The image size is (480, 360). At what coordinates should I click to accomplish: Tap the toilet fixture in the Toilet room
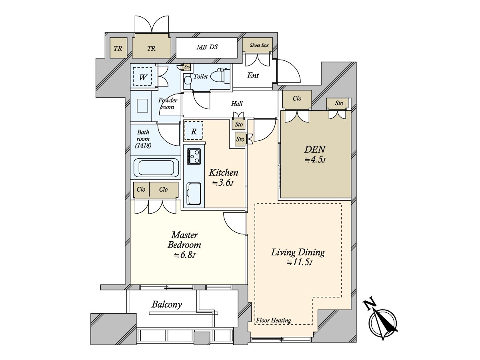[223, 76]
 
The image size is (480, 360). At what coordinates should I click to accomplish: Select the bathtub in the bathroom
[156, 168]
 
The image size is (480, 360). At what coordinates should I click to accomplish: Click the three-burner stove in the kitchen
[194, 156]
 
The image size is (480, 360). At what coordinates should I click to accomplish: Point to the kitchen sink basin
[194, 194]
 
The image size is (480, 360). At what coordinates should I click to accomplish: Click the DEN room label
[315, 150]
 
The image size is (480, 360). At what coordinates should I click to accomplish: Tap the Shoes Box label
[259, 45]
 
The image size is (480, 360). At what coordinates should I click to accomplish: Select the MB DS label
[207, 47]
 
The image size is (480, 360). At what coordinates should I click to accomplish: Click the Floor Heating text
[274, 321]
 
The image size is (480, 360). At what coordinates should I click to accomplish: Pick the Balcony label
[167, 304]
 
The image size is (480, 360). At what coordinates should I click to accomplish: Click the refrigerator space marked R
[194, 130]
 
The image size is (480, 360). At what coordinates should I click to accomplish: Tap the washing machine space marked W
[142, 76]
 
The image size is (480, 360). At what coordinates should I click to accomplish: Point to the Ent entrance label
[253, 76]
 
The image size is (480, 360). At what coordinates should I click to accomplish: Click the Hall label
[237, 103]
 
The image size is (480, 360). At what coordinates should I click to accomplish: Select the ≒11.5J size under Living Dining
[299, 262]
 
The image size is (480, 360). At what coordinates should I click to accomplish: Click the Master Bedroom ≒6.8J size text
[184, 255]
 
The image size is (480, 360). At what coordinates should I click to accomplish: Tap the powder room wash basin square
[142, 106]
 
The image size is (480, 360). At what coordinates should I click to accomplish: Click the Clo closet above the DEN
[297, 99]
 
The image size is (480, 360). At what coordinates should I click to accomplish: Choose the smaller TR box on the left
[118, 48]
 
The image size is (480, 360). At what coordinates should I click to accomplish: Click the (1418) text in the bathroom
[143, 145]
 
